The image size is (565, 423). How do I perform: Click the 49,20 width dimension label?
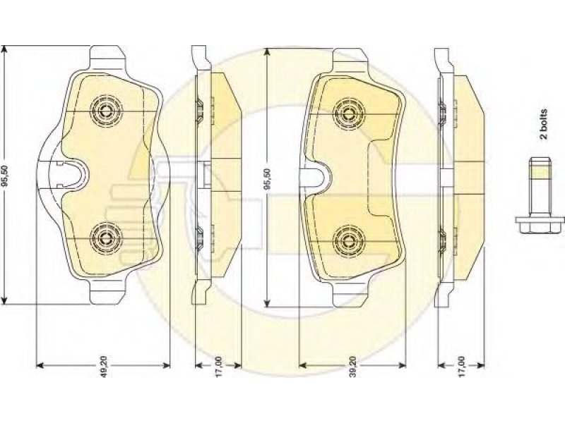pyautogui.click(x=104, y=367)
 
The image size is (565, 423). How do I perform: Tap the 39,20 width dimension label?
pyautogui.click(x=352, y=367)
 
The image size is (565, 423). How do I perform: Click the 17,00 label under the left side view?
pyautogui.click(x=218, y=367)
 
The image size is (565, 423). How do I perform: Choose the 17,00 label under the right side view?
pyautogui.click(x=462, y=367)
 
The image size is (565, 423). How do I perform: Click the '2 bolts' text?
pyautogui.click(x=543, y=124)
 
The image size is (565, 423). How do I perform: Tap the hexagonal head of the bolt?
pyautogui.click(x=540, y=226)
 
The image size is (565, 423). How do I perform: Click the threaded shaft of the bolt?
pyautogui.click(x=540, y=187)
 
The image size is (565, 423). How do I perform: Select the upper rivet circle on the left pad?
pyautogui.click(x=106, y=111)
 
